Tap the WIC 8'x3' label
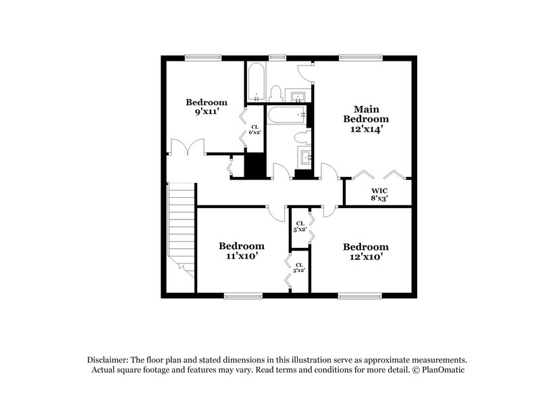tap(378, 194)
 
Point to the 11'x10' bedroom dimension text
tap(241, 257)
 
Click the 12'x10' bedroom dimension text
tap(365, 257)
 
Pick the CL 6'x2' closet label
tap(255, 130)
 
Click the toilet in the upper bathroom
tap(275, 93)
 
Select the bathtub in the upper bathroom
tap(256, 83)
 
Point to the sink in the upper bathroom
tap(298, 95)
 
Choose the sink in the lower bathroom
tap(306, 159)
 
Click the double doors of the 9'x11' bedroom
tap(187, 147)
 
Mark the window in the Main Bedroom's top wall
tap(358, 57)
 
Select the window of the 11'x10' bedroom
tap(243, 295)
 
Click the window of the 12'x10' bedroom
tap(358, 295)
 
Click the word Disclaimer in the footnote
tap(110, 360)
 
